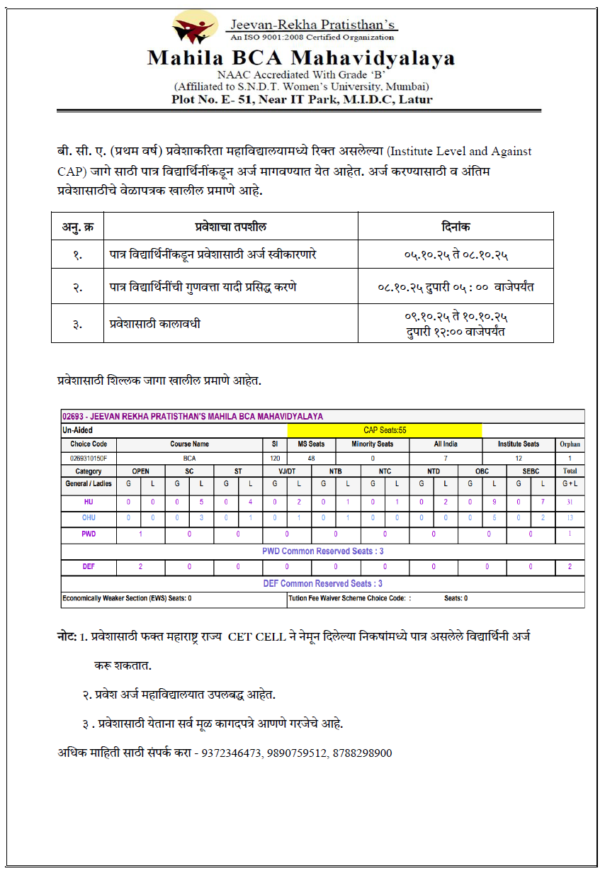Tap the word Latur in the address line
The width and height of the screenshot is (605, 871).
pos(416,99)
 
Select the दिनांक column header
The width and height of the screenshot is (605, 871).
pos(455,227)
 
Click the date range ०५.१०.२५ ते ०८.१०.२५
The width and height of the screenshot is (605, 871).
pos(456,254)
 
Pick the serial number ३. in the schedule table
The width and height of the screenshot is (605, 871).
pos(77,325)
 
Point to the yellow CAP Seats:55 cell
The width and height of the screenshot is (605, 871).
pos(384,430)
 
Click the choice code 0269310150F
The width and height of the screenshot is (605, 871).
pos(89,458)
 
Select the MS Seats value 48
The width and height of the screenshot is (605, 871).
pos(310,458)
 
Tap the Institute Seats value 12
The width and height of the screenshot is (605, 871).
pos(518,458)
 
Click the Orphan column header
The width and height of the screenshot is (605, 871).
pos(570,444)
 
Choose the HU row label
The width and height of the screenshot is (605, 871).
pos(89,502)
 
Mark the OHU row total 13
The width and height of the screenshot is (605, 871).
pos(570,518)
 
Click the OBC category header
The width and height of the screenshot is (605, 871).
pos(482,471)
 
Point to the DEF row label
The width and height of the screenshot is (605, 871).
pos(89,567)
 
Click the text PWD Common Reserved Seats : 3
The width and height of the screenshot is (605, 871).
pos(322,551)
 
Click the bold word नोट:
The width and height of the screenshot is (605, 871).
pos(67,637)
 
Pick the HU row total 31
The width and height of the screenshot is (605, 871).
pos(570,502)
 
